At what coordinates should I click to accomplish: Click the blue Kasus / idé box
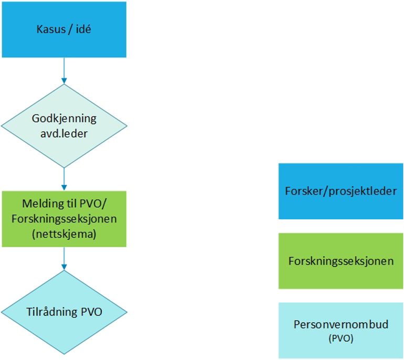click(63, 29)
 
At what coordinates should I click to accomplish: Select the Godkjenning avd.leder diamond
click(63, 125)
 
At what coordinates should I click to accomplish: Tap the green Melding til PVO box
click(63, 218)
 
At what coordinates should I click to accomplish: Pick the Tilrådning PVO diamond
click(63, 312)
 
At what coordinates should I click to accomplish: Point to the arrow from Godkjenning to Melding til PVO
click(63, 178)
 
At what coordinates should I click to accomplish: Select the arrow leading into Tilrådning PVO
click(63, 258)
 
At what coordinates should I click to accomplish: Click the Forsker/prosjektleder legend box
click(341, 190)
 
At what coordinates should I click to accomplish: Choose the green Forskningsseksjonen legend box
click(341, 261)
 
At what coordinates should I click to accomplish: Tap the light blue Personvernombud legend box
click(341, 330)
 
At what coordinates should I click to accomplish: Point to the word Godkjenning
click(64, 119)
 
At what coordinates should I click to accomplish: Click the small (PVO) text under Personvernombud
click(341, 338)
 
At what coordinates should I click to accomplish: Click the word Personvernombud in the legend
click(341, 324)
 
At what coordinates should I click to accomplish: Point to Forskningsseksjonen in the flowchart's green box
click(64, 218)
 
